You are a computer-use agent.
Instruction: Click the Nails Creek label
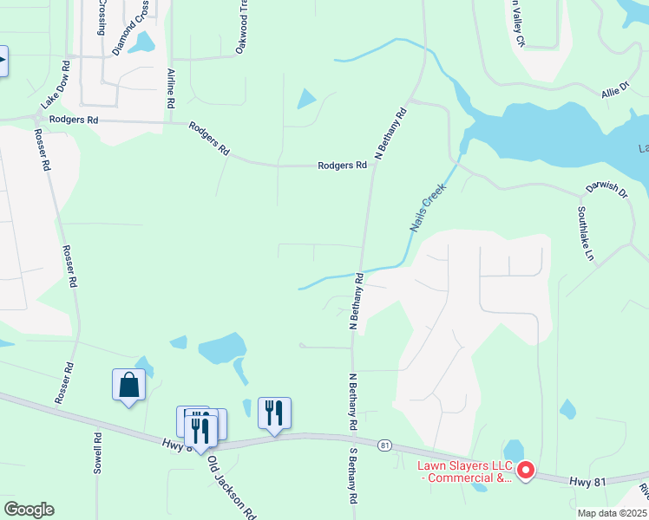pyautogui.click(x=427, y=206)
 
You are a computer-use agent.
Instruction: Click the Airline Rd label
pyautogui.click(x=171, y=88)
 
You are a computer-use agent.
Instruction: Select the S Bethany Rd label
pyautogui.click(x=353, y=478)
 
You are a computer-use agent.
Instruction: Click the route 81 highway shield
pyautogui.click(x=384, y=445)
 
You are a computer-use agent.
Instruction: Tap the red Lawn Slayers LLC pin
pyautogui.click(x=525, y=471)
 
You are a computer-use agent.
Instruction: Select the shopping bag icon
pyautogui.click(x=128, y=385)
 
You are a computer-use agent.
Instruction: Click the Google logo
pyautogui.click(x=29, y=510)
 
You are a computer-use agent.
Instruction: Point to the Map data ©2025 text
pyautogui.click(x=611, y=513)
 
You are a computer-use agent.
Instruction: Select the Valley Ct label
pyautogui.click(x=515, y=26)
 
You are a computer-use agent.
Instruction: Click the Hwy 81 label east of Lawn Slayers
pyautogui.click(x=588, y=480)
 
